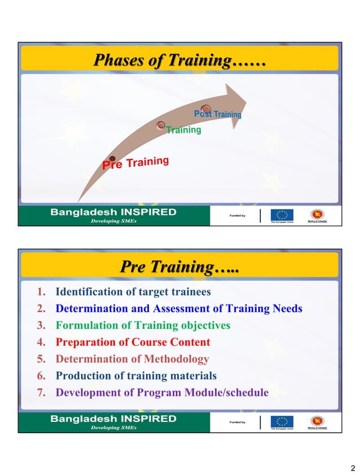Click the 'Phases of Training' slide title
(179, 60)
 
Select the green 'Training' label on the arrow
(184, 130)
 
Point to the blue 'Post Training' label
(218, 115)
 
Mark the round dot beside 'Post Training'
(206, 108)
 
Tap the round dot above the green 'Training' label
(161, 125)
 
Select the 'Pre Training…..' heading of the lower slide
(179, 266)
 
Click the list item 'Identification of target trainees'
(133, 292)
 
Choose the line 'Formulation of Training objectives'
(143, 326)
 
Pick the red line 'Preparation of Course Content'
(133, 342)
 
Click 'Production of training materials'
(136, 376)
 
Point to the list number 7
(41, 393)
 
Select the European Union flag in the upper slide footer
(282, 214)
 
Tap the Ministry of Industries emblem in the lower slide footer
(317, 421)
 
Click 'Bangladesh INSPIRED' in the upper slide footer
(113, 213)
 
